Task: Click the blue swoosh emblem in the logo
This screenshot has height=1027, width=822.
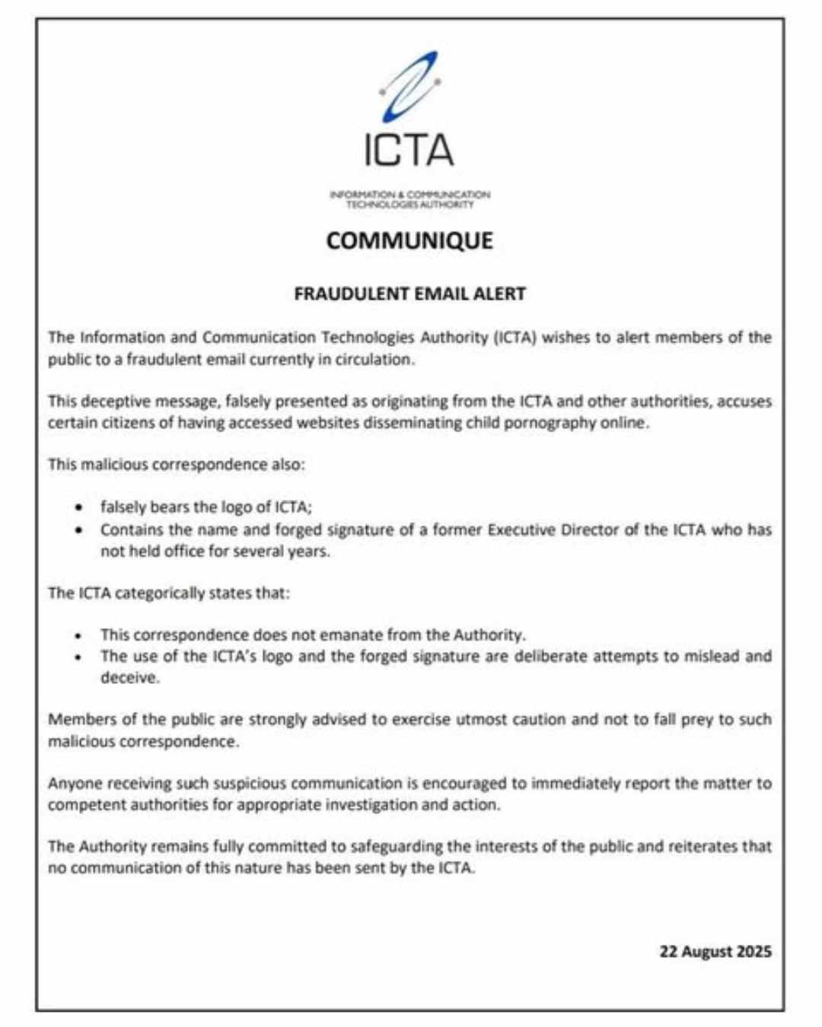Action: click(x=409, y=87)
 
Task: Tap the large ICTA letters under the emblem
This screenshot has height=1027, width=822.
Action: click(x=409, y=150)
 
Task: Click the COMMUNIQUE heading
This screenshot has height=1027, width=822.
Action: click(x=409, y=240)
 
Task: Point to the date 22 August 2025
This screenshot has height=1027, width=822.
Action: click(x=715, y=952)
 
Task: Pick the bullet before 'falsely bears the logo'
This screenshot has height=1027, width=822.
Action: click(x=78, y=507)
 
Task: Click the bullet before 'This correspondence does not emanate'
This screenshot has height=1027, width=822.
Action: click(x=78, y=635)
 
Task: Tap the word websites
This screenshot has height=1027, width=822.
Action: click(x=327, y=423)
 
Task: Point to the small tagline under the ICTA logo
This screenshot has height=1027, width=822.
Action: click(x=409, y=199)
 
